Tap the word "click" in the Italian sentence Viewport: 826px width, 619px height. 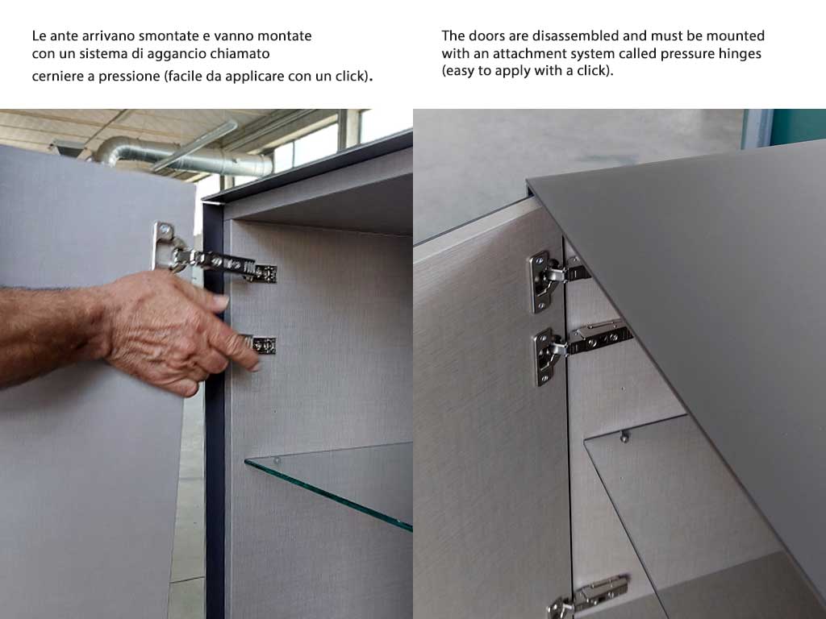[x=351, y=77]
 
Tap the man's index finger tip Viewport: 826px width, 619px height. [x=255, y=364]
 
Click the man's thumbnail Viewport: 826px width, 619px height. [x=220, y=301]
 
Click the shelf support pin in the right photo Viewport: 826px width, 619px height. [x=624, y=436]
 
